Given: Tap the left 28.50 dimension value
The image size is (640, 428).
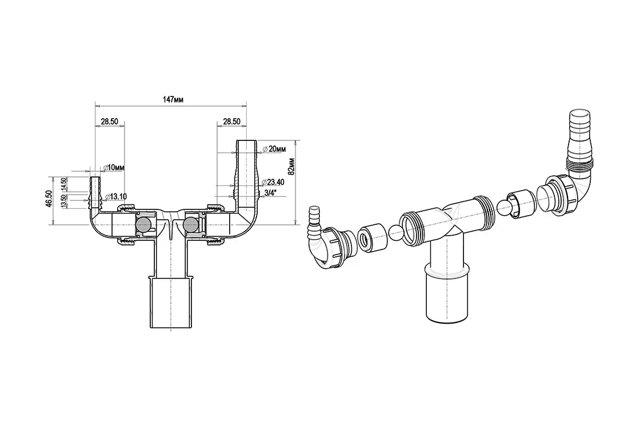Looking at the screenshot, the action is (109, 121).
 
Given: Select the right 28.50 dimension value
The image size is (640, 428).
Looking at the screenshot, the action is (231, 121).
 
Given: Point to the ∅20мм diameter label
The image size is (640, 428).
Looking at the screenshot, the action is (274, 149).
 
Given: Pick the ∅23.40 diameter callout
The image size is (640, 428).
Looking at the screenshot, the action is (273, 182).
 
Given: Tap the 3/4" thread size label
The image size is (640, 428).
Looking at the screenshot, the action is (270, 193).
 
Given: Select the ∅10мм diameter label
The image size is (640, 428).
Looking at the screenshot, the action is (114, 168).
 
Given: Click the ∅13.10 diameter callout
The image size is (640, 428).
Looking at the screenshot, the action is (115, 197).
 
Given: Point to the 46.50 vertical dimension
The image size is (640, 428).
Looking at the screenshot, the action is (49, 199).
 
